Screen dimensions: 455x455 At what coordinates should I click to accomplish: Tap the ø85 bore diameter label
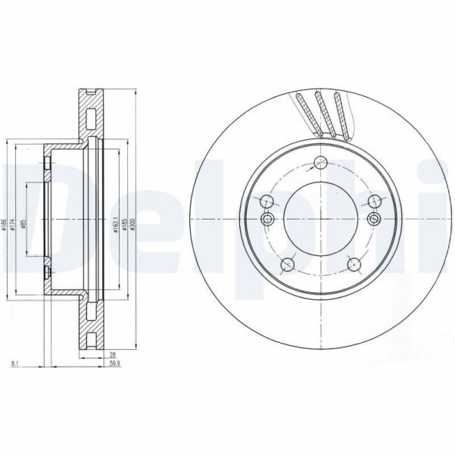click(x=25, y=225)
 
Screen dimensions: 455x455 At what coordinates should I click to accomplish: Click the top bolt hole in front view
click(x=319, y=161)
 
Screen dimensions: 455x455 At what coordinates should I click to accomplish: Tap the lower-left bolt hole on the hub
click(x=287, y=263)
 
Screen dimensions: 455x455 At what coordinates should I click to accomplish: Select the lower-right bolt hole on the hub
click(x=352, y=263)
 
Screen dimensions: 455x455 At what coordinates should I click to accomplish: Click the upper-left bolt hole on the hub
click(x=266, y=201)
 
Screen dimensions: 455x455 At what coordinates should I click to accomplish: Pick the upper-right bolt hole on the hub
click(x=373, y=201)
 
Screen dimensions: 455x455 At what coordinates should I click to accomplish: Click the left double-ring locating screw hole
click(x=266, y=219)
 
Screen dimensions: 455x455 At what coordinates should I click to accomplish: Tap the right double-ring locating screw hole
click(x=373, y=219)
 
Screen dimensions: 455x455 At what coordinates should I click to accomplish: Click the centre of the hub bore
click(x=319, y=219)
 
